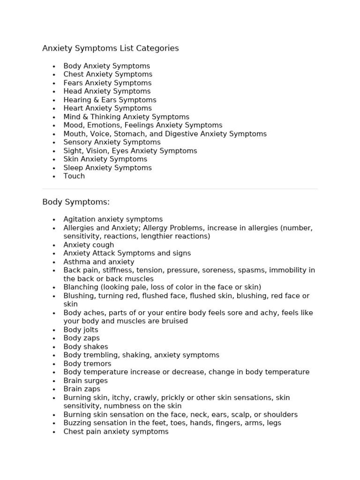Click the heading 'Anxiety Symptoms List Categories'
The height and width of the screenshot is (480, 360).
110,48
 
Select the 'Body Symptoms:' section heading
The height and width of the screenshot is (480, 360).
76,202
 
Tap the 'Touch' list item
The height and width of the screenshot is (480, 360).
74,176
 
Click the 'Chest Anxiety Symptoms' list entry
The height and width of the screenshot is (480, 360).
108,75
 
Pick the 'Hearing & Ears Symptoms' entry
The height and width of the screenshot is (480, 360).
110,100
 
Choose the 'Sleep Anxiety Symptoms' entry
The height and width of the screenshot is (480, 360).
107,168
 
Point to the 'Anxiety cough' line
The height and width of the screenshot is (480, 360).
89,245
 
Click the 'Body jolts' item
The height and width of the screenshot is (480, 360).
81,330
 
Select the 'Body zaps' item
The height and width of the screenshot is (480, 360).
82,338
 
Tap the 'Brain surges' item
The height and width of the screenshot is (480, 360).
85,381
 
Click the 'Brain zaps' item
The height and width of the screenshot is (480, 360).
82,389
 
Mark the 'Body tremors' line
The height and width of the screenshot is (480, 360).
87,364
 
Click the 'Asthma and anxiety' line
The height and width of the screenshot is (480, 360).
98,262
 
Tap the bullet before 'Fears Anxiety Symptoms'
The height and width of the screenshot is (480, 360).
54,83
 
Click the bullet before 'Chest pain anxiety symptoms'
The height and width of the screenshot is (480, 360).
54,432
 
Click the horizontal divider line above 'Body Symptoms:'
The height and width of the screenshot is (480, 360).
180,189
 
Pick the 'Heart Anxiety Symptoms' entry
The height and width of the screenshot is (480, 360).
107,108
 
